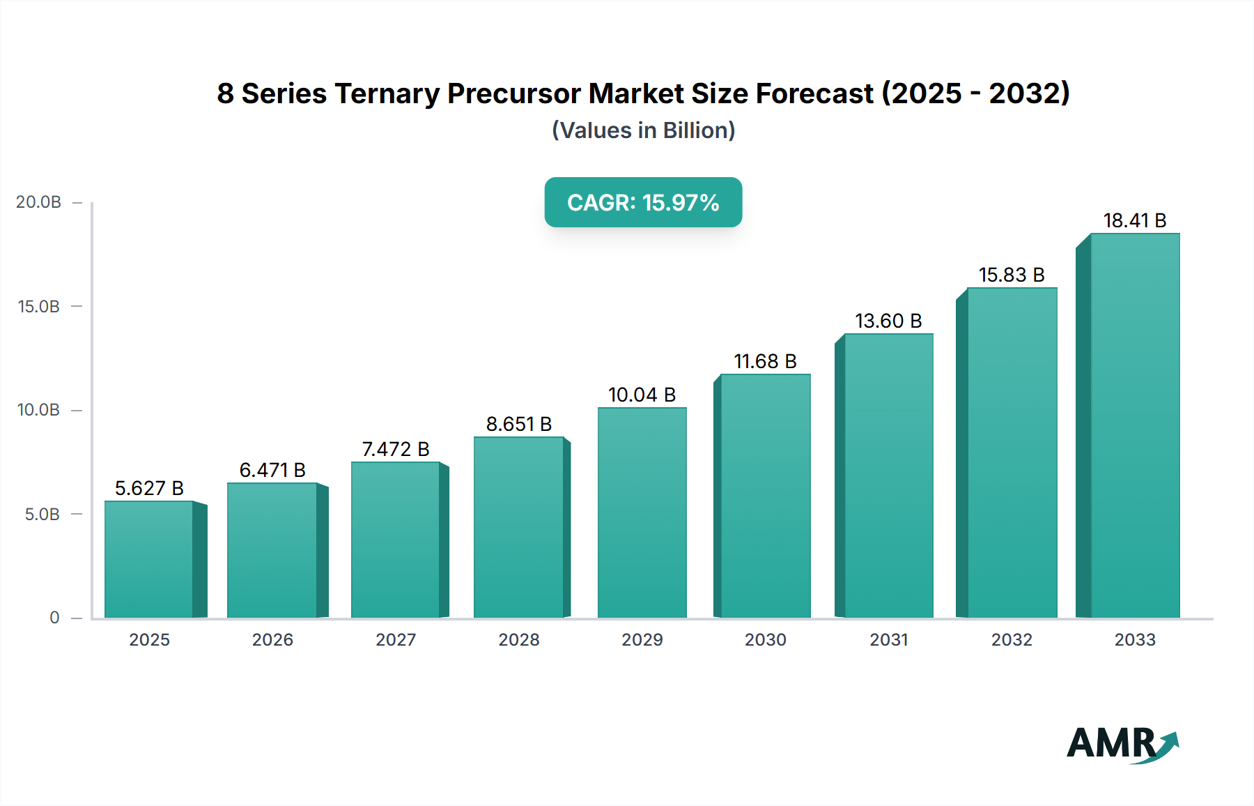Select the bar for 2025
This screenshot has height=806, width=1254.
click(149, 559)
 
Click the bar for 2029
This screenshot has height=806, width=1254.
click(642, 512)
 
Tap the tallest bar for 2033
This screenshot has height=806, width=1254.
click(1135, 425)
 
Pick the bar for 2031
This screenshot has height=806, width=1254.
click(888, 476)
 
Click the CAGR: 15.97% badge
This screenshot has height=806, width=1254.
click(643, 202)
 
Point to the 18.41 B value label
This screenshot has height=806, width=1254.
click(1135, 220)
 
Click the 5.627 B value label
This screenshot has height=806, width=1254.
click(149, 488)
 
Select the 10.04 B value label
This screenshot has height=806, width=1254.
click(642, 395)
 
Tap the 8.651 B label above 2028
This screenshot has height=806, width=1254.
click(519, 424)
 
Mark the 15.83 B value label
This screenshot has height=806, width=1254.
click(1012, 275)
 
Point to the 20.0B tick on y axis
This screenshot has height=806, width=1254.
click(39, 202)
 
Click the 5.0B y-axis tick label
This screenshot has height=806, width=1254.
click(42, 515)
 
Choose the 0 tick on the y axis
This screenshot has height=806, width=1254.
click(54, 618)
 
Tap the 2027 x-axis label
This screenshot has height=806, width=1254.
click(396, 639)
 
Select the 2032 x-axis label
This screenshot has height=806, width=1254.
click(1012, 639)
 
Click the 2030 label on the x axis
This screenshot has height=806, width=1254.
click(765, 639)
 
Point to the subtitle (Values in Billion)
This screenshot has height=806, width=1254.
click(643, 130)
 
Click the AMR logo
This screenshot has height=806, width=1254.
click(1122, 744)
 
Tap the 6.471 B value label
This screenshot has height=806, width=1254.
click(272, 470)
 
